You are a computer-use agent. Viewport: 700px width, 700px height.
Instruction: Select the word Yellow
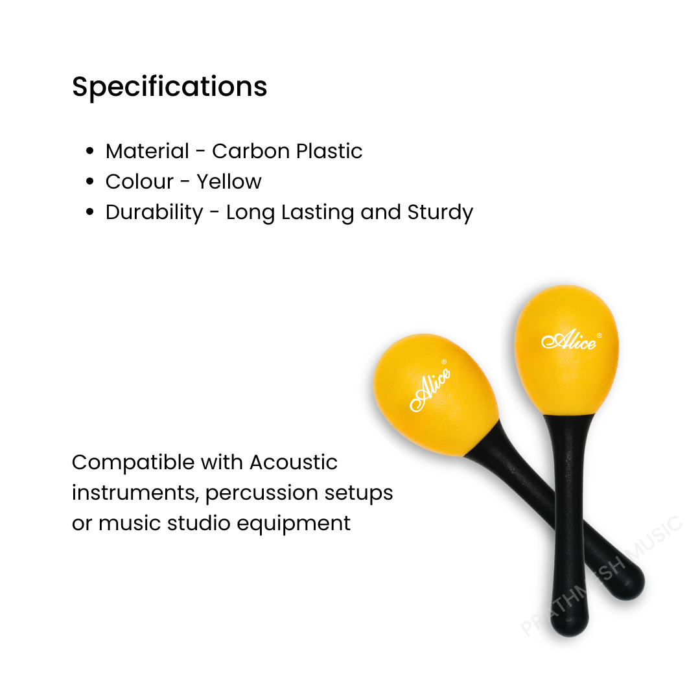[229, 182]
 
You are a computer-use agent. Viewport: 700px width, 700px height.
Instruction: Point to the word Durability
[154, 213]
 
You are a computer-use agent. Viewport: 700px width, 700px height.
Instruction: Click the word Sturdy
[440, 213]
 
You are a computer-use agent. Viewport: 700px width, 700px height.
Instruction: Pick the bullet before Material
[91, 152]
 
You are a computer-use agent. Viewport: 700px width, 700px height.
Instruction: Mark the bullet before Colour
[91, 182]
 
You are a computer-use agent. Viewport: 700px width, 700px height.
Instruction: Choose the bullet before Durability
[91, 213]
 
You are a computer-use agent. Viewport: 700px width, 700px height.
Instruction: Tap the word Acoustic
[294, 463]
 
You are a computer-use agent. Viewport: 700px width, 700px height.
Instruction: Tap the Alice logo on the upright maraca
[568, 340]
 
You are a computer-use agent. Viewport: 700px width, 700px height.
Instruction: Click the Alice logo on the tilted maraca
[429, 389]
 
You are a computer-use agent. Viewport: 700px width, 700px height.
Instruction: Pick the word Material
[147, 151]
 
